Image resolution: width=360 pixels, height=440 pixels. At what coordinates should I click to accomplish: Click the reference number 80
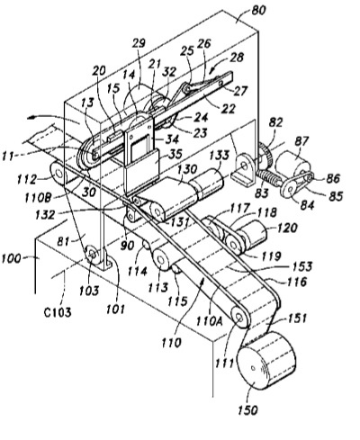pos(258,11)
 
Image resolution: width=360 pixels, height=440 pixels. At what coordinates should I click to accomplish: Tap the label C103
pos(58,312)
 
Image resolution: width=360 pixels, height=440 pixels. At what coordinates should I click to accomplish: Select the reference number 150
pos(248,410)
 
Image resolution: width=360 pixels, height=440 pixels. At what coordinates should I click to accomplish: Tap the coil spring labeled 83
pos(269,177)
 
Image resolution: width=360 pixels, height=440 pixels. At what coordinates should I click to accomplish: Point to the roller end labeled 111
pos(240,318)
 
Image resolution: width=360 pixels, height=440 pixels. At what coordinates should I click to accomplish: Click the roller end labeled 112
pos(58,174)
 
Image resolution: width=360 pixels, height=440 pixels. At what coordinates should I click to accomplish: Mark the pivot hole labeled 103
pos(93,255)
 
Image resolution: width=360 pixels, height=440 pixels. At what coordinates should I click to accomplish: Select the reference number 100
pos(11,258)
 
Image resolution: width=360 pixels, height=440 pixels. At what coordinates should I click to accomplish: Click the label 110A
pos(210,320)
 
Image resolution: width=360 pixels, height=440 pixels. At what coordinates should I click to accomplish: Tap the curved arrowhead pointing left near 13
pos(31,118)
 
